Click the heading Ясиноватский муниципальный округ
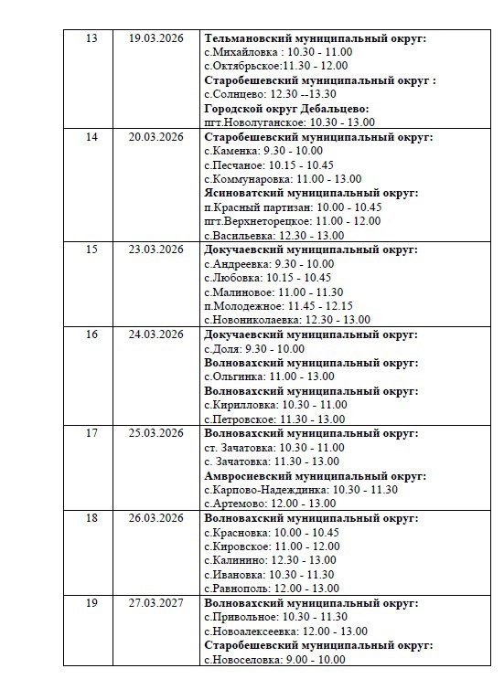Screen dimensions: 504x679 (311, 193)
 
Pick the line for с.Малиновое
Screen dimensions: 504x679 (265, 292)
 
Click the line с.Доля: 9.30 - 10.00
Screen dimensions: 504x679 (254, 348)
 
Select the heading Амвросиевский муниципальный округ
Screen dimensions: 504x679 (315, 475)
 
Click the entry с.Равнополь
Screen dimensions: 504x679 (272, 589)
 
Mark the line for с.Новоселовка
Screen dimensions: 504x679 (274, 660)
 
